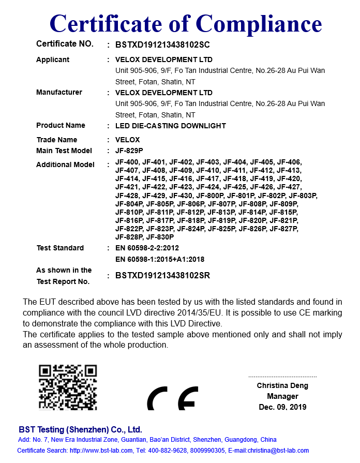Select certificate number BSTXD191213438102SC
pos(162,45)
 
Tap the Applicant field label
pos(53,59)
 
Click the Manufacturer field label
pos(59,93)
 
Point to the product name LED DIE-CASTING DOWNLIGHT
pos(171,126)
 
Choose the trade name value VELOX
pos(128,140)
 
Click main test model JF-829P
pos(129,151)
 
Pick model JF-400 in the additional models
pos(127,162)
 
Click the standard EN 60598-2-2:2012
pos(147,248)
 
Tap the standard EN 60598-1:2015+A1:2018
pos(160,259)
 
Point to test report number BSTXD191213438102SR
pos(162,276)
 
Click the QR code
pos(68,387)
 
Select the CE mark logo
pos(172,398)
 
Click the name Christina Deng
pos(282,385)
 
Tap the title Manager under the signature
pos(282,396)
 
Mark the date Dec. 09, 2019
pos(282,407)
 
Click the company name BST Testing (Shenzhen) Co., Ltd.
pos(80,430)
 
